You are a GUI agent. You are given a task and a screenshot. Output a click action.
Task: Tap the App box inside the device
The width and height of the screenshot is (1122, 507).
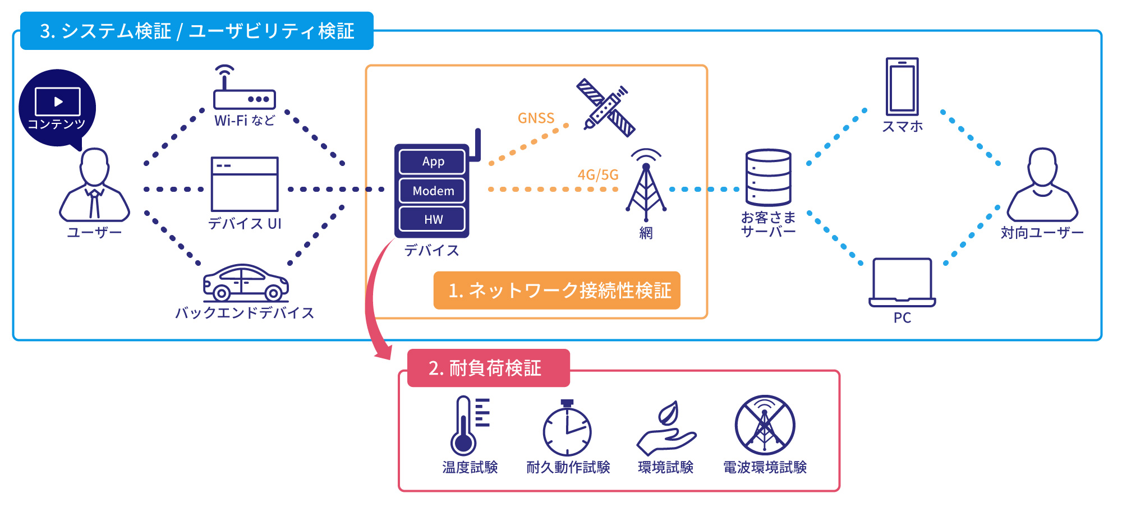point(433,162)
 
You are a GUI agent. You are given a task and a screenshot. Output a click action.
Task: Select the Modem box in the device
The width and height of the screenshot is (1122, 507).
point(433,191)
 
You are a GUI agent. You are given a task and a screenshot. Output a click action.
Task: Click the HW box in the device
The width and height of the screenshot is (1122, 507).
point(433,219)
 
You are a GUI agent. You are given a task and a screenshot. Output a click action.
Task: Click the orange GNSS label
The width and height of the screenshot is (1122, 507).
point(536,118)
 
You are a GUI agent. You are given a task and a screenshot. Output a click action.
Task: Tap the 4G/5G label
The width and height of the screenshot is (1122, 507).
point(598,175)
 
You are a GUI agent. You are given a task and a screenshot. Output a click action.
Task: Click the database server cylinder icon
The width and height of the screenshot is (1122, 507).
point(768,177)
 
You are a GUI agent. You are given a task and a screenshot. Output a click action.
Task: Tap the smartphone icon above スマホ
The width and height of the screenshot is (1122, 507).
point(902,87)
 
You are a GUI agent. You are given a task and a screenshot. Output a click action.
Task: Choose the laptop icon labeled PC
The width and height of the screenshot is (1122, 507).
point(902,283)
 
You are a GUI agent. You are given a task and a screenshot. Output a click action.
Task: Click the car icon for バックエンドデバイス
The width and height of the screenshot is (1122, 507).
point(246,283)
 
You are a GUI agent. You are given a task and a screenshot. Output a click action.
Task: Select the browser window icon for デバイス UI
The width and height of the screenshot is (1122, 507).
point(245,184)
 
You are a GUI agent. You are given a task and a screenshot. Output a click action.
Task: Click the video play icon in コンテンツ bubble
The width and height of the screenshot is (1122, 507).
point(58,102)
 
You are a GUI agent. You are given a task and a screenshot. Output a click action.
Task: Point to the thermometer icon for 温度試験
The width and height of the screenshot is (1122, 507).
point(465,426)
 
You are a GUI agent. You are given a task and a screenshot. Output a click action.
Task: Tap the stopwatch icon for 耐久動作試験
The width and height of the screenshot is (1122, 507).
point(567,429)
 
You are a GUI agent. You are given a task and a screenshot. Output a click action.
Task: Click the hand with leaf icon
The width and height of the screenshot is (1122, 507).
point(666,429)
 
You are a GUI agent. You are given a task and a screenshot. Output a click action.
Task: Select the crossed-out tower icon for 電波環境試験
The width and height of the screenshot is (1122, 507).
point(765,425)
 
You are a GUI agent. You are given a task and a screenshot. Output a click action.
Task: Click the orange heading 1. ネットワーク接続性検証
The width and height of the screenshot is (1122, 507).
point(557,291)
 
